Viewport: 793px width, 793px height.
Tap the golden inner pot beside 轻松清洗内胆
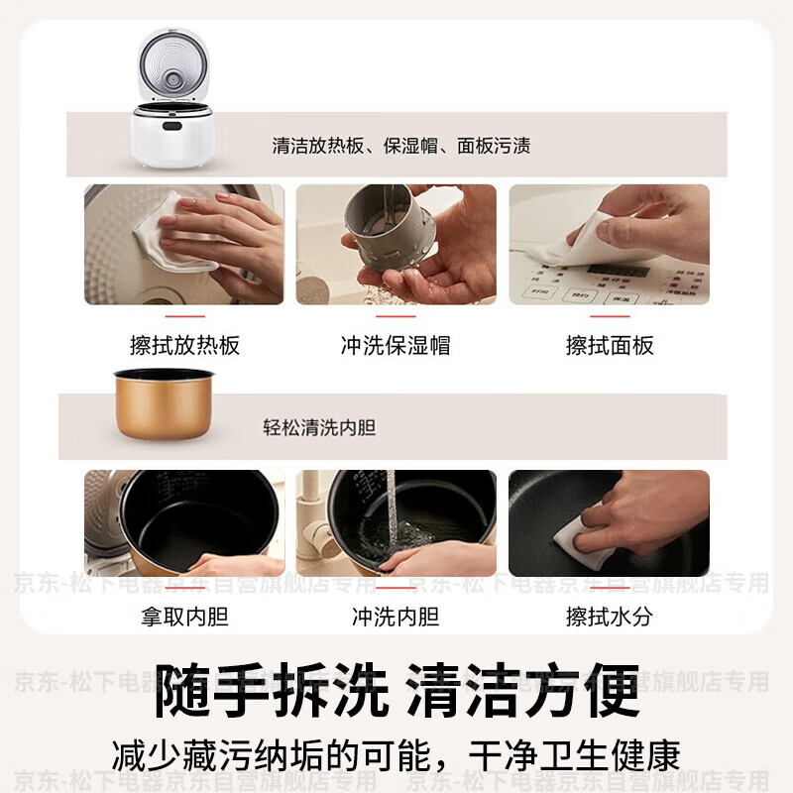(164, 401)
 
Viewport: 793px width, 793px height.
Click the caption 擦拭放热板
(184, 345)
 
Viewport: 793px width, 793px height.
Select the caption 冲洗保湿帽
(396, 345)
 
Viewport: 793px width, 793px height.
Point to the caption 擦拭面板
(610, 345)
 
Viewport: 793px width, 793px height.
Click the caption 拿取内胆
(184, 617)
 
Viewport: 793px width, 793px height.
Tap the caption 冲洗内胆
(396, 617)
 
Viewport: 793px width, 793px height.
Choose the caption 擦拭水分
(610, 617)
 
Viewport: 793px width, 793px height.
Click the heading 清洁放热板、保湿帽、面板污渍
(401, 146)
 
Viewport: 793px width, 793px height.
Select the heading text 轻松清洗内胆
(319, 428)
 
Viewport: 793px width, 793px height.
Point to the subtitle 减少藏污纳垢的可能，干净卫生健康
(396, 755)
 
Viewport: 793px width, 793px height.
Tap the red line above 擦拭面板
(610, 316)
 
